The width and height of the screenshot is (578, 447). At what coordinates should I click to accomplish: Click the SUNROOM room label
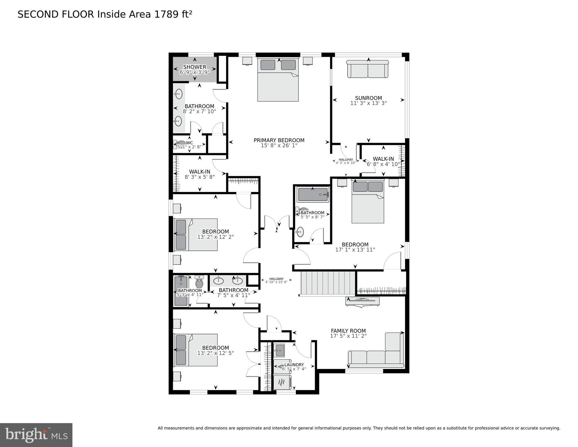click(x=368, y=98)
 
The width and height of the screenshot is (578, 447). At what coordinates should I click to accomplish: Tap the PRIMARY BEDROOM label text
click(x=279, y=140)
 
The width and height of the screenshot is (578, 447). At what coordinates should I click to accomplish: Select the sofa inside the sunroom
click(x=368, y=69)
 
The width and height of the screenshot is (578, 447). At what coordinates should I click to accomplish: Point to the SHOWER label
click(x=195, y=67)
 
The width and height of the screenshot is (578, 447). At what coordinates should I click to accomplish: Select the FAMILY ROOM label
click(x=348, y=331)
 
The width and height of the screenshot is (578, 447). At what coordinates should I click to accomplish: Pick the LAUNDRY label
click(x=294, y=365)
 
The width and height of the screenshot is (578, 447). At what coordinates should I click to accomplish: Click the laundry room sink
click(x=279, y=350)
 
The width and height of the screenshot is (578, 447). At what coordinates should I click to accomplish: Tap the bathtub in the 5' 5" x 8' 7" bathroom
click(x=313, y=194)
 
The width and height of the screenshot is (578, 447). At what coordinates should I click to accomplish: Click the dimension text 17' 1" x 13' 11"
click(x=355, y=250)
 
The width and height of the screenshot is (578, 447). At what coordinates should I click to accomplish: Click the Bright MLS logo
click(x=36, y=435)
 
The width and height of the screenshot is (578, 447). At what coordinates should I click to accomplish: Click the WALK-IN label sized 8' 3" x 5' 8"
click(x=200, y=172)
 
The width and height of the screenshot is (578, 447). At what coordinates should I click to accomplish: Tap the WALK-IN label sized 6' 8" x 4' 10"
click(x=383, y=159)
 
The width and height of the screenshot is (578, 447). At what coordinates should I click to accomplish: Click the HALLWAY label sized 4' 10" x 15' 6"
click(x=276, y=279)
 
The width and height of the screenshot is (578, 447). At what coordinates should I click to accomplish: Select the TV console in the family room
click(x=362, y=301)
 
